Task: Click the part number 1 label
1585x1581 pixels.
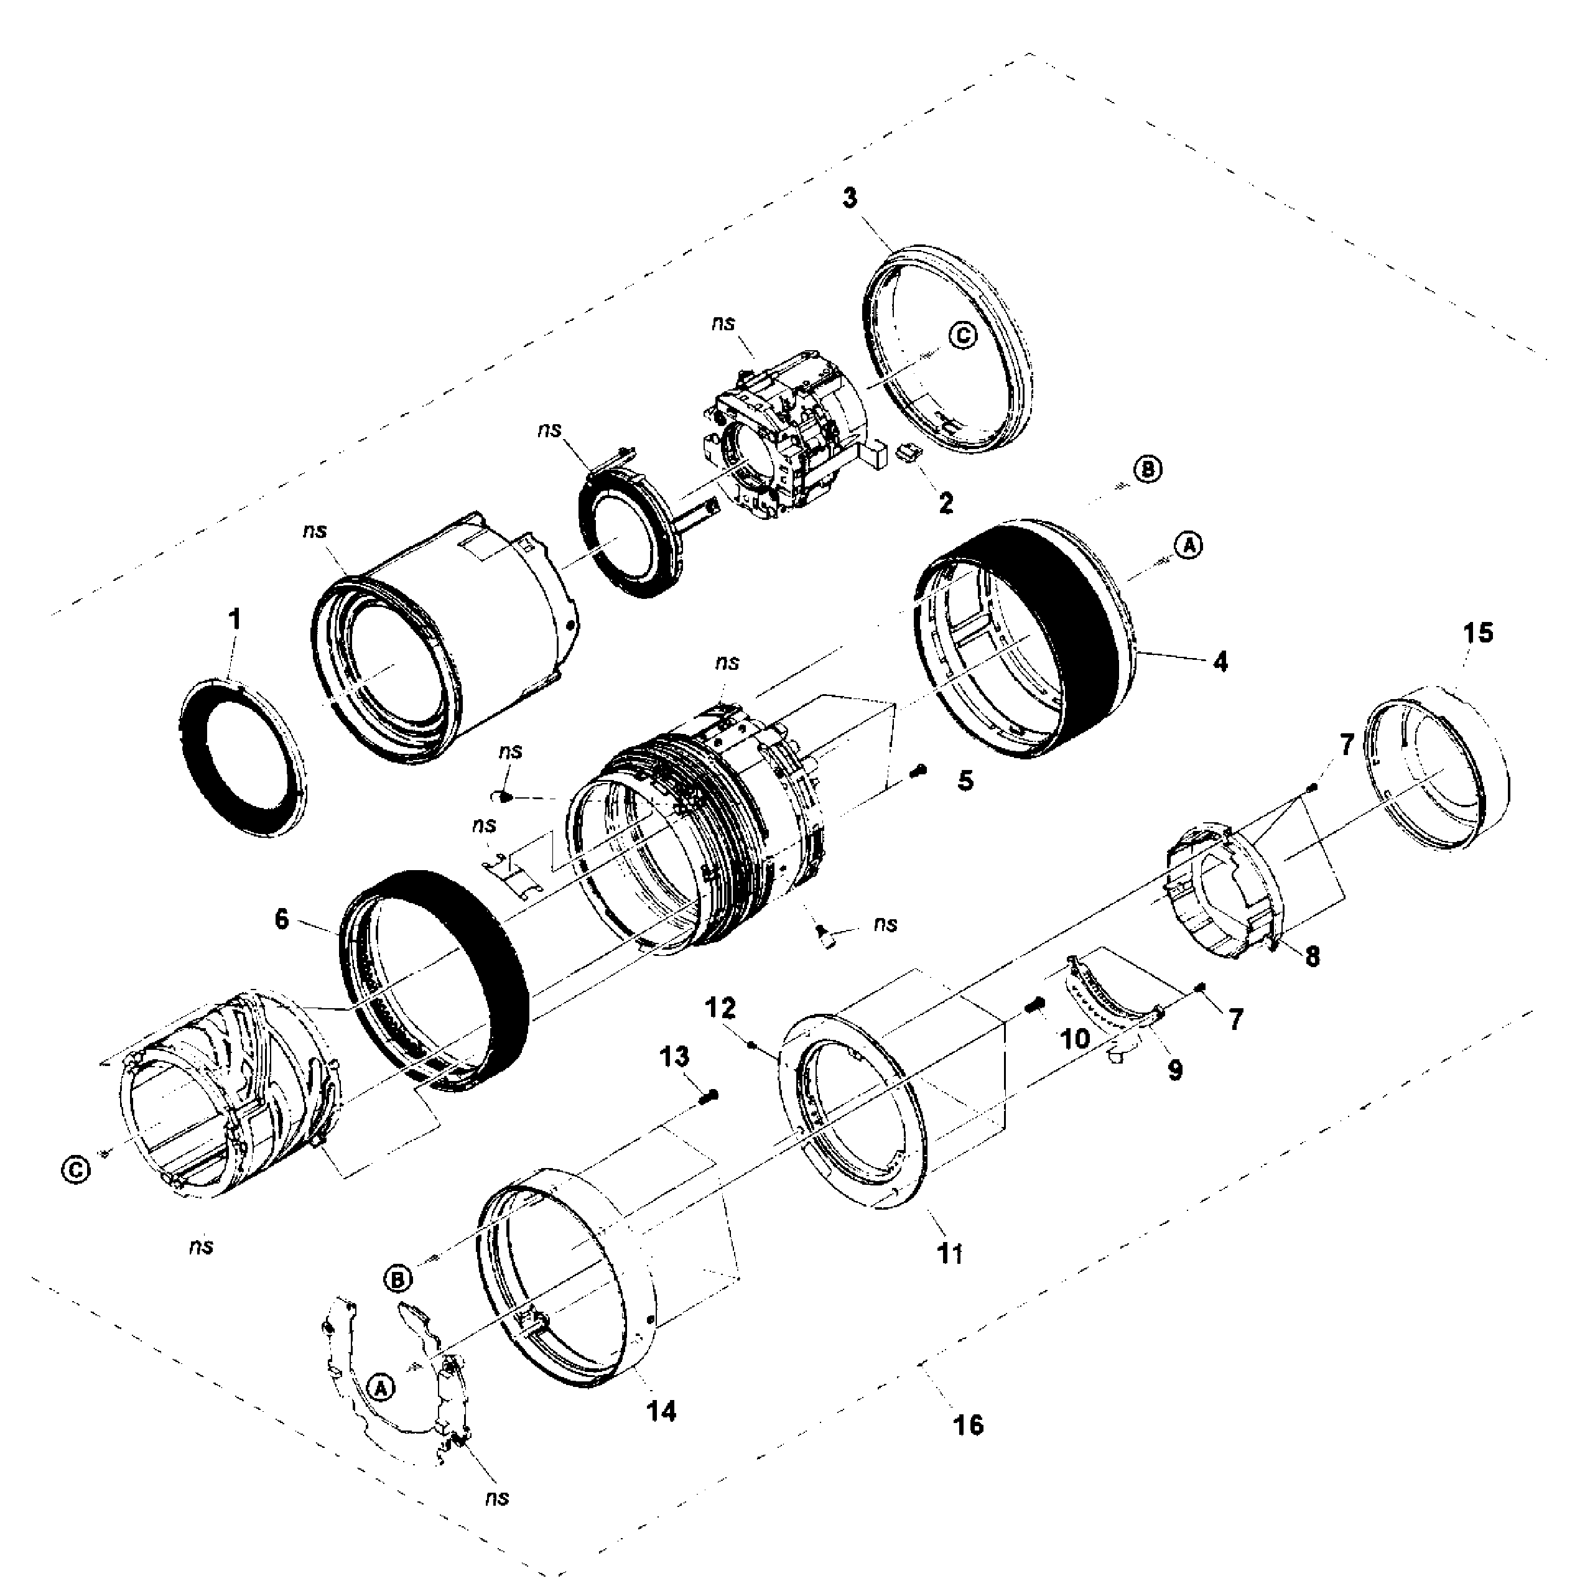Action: point(236,619)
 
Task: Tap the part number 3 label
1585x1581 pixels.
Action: point(851,198)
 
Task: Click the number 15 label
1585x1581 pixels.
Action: point(1479,633)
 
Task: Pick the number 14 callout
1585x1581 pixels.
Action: point(661,1411)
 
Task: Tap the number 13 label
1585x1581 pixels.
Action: point(675,1057)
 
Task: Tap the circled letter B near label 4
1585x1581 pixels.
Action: point(1148,470)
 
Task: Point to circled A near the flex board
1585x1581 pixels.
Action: point(380,1386)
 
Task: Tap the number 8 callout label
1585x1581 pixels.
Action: point(1313,957)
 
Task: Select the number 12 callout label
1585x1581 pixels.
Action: point(721,1008)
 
